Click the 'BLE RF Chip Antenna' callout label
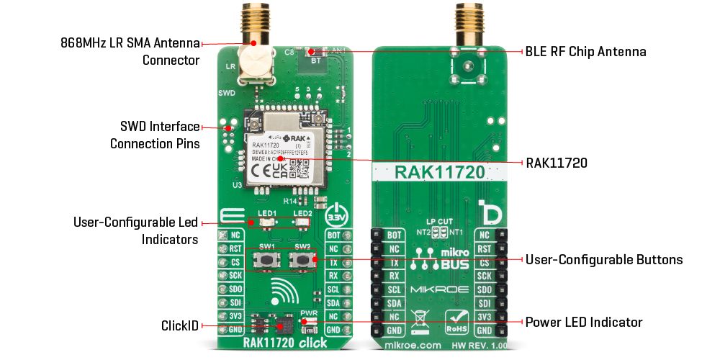(585, 52)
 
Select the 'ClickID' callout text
(179, 325)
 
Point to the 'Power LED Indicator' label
(583, 322)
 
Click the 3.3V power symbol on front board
(337, 215)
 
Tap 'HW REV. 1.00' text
(474, 346)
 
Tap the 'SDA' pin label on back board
(394, 303)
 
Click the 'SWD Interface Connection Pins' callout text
(154, 135)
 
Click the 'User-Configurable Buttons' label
(603, 259)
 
